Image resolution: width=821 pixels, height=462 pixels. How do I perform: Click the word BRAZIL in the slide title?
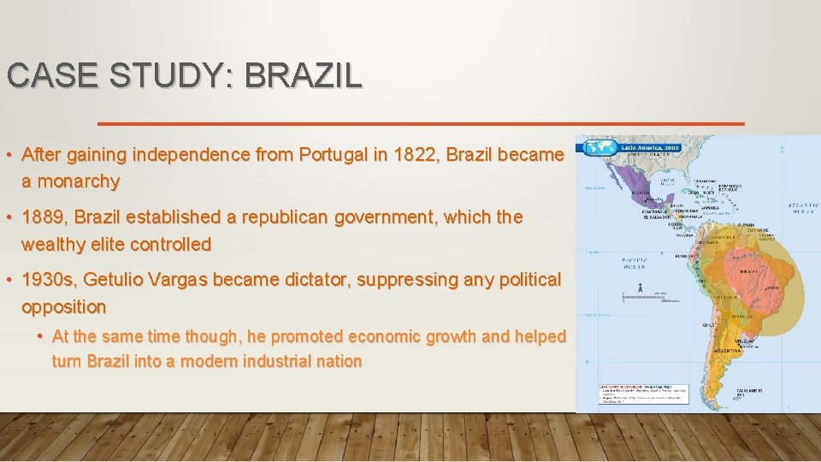click(x=303, y=75)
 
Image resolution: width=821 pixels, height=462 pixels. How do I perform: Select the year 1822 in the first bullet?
click(x=414, y=156)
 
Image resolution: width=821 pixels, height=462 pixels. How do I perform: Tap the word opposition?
click(x=64, y=306)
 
